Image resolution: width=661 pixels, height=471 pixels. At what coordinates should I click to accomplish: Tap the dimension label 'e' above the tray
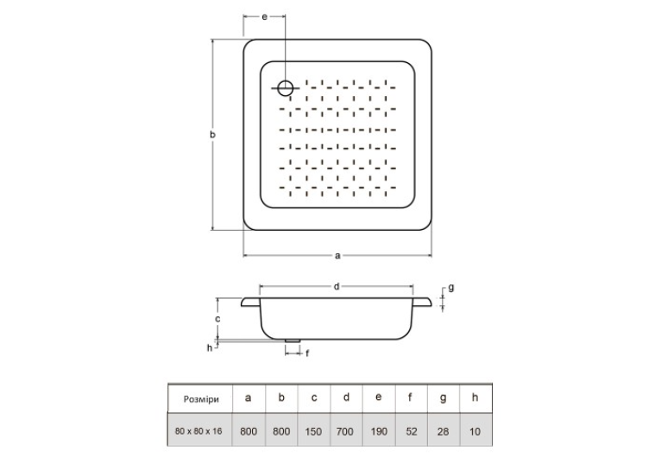click(264, 17)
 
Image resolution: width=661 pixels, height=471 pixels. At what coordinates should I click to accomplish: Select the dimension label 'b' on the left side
click(213, 135)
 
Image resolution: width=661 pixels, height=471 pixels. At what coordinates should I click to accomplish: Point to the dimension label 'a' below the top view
click(337, 255)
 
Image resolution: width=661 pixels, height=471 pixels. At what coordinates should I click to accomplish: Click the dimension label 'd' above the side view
click(337, 287)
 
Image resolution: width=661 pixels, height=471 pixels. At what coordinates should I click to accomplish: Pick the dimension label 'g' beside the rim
click(451, 288)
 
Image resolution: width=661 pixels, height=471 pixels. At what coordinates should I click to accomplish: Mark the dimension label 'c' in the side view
click(217, 319)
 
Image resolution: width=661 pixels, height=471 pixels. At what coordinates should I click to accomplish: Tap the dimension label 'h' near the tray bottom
click(210, 347)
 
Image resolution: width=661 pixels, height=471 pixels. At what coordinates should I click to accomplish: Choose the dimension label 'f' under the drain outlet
click(307, 353)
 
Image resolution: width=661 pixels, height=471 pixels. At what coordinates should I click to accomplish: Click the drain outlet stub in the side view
click(293, 340)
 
